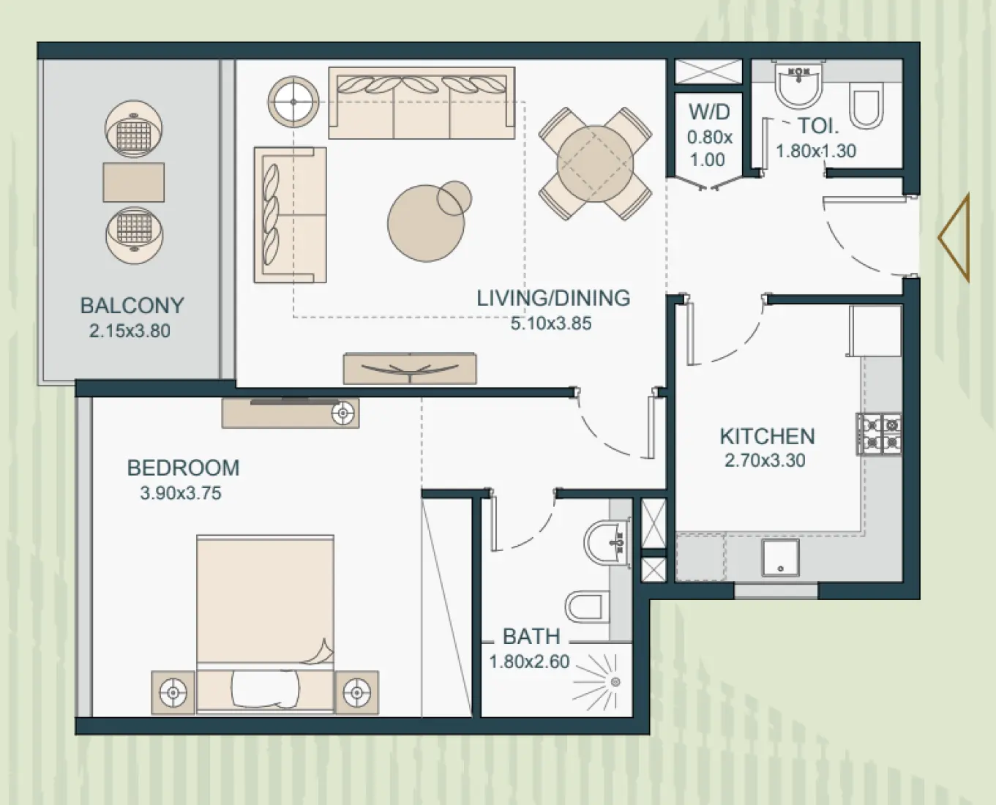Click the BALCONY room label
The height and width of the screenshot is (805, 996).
coord(132,305)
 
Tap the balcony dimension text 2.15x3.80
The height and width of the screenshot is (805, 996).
coord(130,331)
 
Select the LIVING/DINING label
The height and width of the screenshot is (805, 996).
coord(553,298)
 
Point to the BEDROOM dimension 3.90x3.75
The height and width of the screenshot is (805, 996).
coord(180,493)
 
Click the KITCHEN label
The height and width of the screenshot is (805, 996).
coord(766,436)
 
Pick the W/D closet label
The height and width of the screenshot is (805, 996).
coord(708,112)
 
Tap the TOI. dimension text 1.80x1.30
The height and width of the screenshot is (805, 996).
coord(815,151)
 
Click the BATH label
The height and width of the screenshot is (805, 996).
coord(531,636)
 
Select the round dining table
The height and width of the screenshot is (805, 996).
coord(595,164)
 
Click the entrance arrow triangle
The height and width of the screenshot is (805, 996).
coord(955,237)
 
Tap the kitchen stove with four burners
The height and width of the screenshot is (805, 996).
coord(879,433)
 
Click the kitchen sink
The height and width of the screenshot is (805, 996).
coord(780,558)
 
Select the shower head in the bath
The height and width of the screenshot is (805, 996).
coord(615,682)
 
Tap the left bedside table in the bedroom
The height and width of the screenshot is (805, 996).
coord(173,692)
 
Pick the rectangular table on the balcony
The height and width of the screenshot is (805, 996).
coord(133,182)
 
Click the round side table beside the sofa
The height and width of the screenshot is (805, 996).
coord(293,102)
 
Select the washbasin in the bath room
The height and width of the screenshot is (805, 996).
coord(607,542)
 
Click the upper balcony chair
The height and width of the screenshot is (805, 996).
coord(133,130)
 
